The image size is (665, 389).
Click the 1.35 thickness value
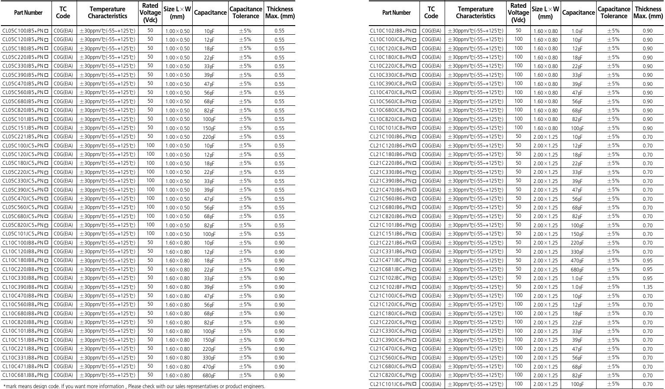coord(647,287)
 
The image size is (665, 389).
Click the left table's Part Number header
coord(28,13)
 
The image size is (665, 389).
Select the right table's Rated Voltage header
coord(518,13)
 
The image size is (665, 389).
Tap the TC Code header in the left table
coord(63,13)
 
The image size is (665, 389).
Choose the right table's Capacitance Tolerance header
coord(614,13)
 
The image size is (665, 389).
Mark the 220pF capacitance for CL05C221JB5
coord(210,137)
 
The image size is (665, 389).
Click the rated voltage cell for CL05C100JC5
coord(150,146)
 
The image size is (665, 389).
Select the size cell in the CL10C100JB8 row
coord(178,243)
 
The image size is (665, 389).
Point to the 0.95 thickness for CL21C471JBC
coord(647,261)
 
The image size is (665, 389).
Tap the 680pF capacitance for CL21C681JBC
coord(577,270)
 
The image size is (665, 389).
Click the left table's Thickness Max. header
coord(280,13)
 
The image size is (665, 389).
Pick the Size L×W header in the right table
coord(545,13)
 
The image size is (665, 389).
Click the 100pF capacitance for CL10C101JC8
coord(577,128)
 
